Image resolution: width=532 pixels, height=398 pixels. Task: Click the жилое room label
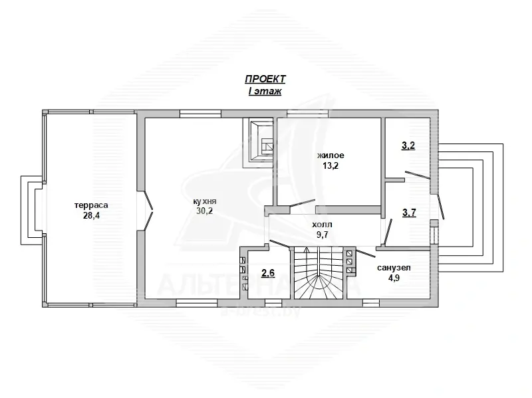[331, 155]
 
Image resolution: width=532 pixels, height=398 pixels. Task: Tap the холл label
[322, 225]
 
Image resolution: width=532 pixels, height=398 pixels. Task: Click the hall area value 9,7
[322, 235]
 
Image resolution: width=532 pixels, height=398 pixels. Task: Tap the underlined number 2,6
[268, 272]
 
